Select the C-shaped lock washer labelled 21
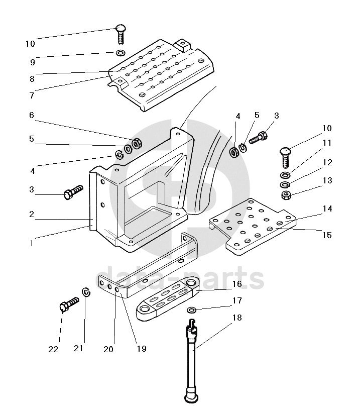point(86,292)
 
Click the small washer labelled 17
point(192,309)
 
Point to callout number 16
point(236,284)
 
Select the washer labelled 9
point(121,53)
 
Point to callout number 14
point(327,208)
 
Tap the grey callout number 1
point(31,243)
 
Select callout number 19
point(142,348)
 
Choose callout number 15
point(327,235)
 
